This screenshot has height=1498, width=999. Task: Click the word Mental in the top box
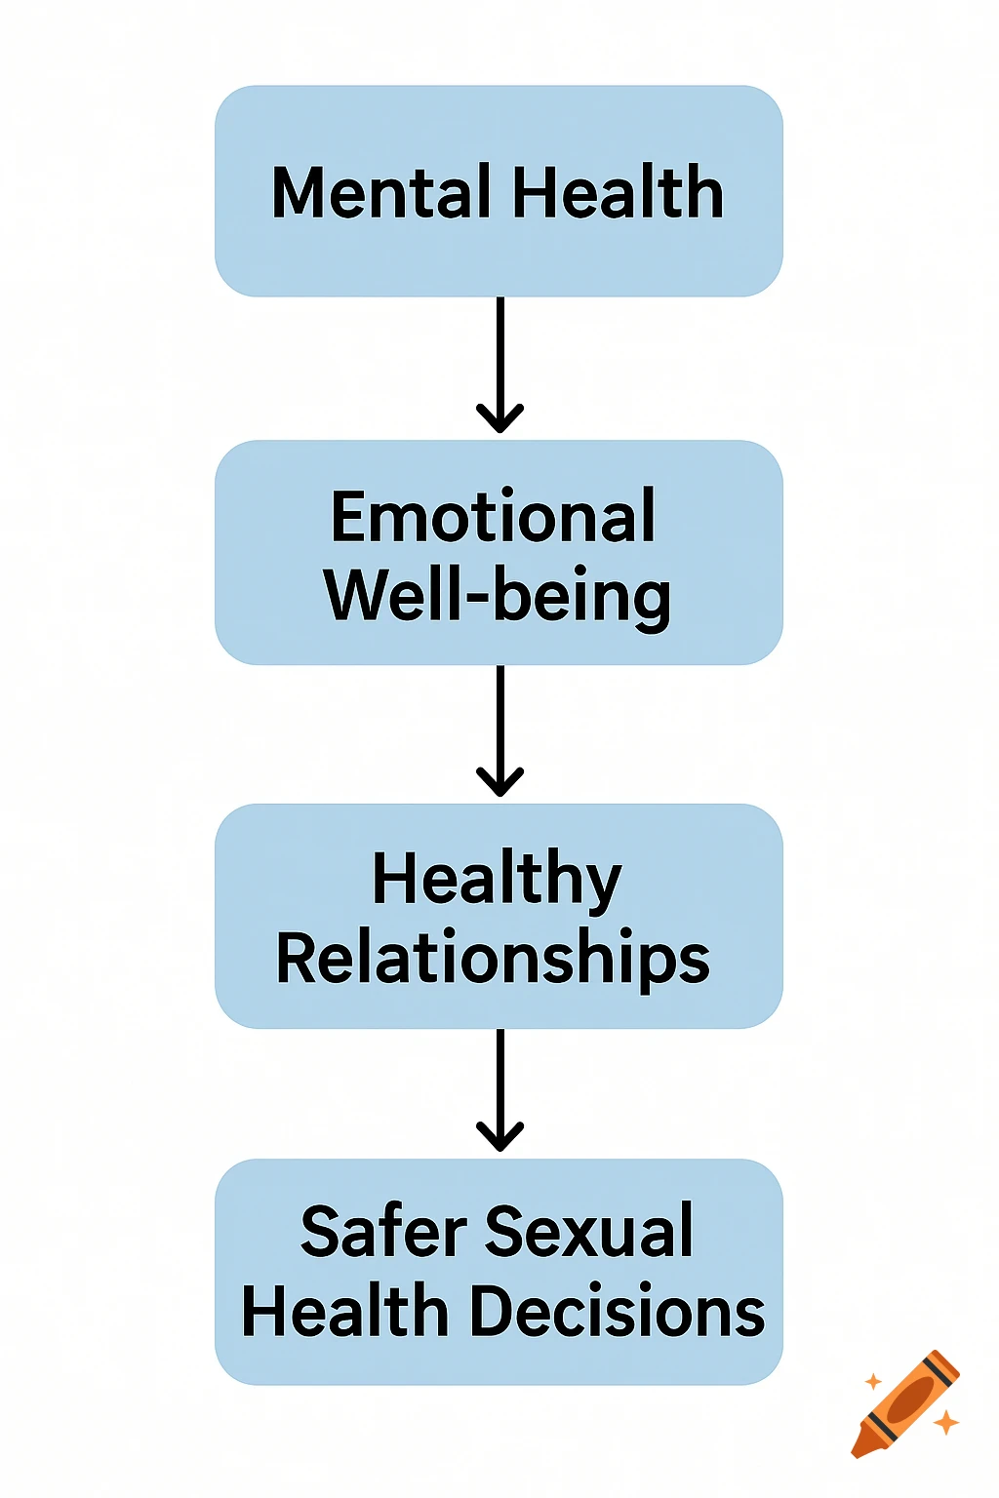[381, 192]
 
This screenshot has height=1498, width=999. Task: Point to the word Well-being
[498, 596]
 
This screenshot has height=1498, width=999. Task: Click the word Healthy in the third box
[497, 880]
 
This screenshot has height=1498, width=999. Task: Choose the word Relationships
[493, 960]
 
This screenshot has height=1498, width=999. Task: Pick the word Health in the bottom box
[344, 1311]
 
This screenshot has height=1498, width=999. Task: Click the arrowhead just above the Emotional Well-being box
[499, 419]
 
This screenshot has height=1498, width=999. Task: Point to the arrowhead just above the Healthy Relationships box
[499, 783]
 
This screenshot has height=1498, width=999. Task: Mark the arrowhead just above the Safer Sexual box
[499, 1138]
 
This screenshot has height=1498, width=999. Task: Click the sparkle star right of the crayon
[945, 1423]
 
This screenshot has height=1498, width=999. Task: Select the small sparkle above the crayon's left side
[873, 1381]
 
